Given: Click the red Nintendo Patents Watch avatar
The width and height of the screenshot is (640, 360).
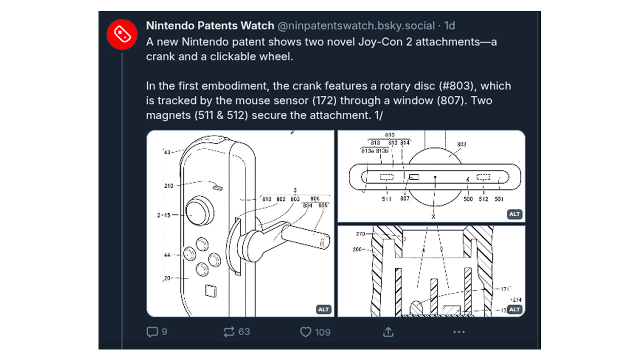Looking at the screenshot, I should [122, 34].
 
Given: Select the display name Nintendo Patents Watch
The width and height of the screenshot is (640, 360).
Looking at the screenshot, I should [210, 26].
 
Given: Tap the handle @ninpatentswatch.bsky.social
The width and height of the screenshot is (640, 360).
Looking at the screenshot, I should [357, 26].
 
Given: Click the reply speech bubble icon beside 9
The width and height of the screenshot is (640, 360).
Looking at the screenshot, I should [152, 331].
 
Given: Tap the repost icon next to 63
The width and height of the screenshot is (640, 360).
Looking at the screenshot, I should [229, 331].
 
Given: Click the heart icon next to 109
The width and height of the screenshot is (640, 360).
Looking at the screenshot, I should [305, 332].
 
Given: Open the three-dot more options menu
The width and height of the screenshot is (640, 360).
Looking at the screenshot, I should [459, 332].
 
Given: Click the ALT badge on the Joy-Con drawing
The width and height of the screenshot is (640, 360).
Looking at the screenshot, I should [323, 309].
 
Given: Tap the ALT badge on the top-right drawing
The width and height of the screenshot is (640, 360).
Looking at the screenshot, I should [514, 214].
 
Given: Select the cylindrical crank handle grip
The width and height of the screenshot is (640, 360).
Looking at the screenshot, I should [305, 234].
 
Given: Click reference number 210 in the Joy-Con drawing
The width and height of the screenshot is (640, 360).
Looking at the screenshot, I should [168, 186].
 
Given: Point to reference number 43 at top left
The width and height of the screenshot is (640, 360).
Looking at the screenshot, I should [167, 152].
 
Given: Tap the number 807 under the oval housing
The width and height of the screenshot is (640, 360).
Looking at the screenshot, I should [404, 199].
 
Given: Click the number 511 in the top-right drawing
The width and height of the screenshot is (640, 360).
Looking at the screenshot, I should [386, 199].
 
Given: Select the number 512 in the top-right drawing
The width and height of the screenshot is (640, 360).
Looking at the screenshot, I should [483, 199].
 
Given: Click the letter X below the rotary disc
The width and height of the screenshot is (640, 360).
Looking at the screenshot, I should [433, 216].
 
